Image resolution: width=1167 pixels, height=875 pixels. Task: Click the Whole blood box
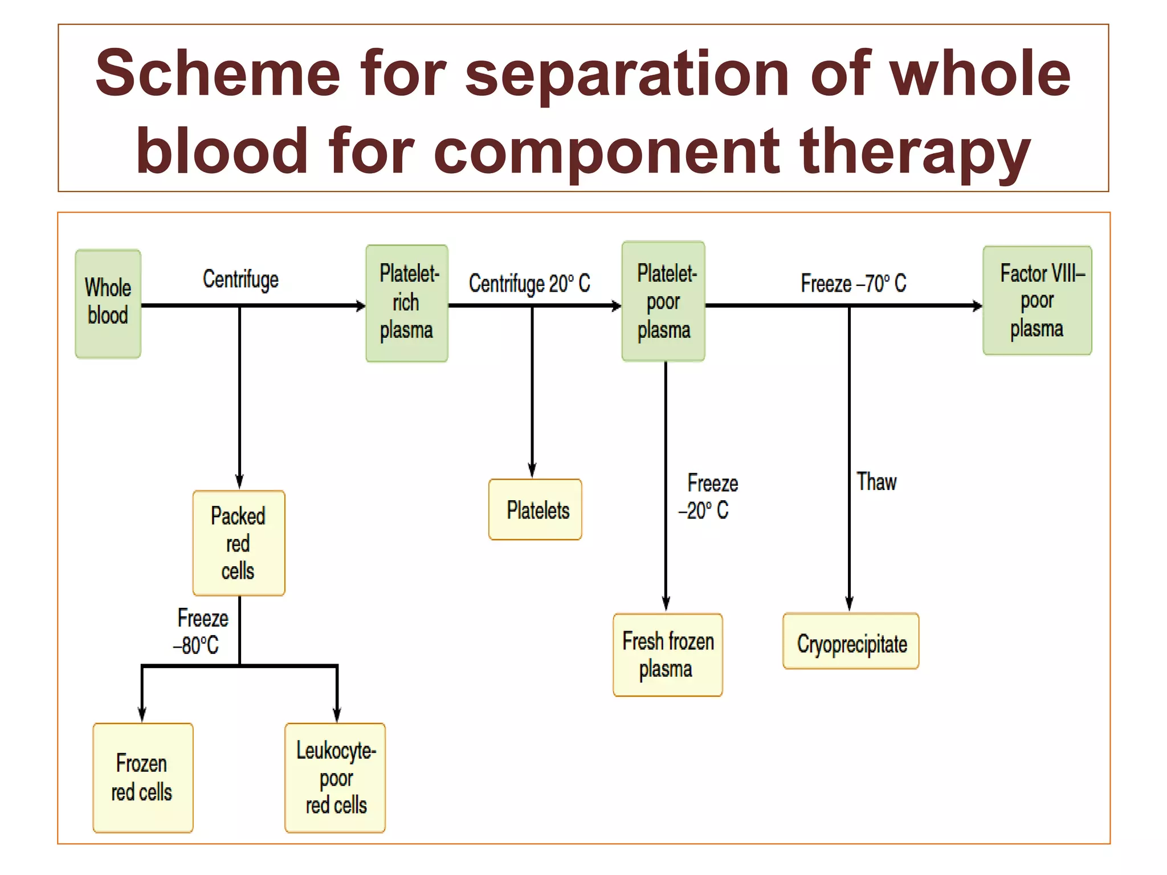point(108,304)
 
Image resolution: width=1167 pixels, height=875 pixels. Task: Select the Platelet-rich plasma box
point(406,303)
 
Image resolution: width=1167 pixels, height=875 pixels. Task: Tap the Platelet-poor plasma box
point(663,301)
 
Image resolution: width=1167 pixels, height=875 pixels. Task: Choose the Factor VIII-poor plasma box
point(1037,301)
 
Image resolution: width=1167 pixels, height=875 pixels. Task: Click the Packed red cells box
point(238,543)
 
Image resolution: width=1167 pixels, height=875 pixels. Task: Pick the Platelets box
point(535,510)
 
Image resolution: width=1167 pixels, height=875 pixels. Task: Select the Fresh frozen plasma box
point(667,655)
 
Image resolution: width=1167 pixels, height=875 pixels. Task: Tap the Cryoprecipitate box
point(851,641)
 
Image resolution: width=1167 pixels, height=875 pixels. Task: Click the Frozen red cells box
point(142,778)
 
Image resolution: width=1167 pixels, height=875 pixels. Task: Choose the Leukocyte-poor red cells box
point(335,778)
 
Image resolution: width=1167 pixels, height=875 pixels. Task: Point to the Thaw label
point(876,482)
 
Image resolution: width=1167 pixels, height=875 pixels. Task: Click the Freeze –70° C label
point(853,283)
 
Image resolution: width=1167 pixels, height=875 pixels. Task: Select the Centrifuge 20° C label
point(529,283)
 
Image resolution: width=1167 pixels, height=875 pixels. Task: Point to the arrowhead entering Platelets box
point(532,471)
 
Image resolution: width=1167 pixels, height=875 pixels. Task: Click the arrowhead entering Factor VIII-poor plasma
point(977,306)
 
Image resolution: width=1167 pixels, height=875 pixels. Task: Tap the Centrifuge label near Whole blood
point(240,280)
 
